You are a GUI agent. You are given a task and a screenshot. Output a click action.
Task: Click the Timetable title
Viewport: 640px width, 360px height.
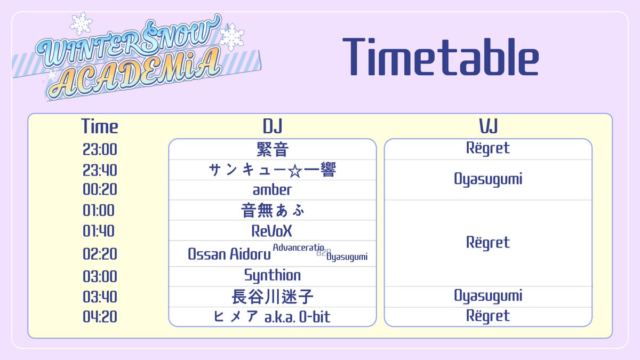pos(440,57)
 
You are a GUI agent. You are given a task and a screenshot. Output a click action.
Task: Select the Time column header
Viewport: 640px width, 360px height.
pos(100,126)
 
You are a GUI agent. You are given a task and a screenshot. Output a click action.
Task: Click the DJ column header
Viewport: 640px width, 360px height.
pos(272,126)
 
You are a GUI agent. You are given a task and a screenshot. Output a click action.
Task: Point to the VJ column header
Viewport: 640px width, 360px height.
pos(488,126)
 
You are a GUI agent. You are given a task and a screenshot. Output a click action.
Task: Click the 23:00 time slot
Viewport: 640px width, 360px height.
pos(100,149)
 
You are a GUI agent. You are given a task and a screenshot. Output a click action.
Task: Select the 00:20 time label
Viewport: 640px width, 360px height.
pos(100,190)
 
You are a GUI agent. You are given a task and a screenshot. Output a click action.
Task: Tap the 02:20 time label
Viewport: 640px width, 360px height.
pos(100,254)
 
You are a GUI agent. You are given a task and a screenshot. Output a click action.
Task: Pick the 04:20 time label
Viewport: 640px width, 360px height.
pos(100,317)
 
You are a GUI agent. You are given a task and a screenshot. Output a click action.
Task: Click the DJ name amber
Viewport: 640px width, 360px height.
pos(272,190)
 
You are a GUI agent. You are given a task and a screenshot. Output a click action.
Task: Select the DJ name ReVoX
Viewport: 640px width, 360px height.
pos(272,231)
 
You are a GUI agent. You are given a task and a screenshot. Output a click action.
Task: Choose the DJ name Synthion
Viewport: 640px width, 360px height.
pos(272,275)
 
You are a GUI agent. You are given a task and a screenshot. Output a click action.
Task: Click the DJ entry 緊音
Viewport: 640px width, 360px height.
pos(272,149)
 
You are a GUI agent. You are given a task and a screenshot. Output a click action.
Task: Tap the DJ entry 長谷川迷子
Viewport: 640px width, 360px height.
pos(272,296)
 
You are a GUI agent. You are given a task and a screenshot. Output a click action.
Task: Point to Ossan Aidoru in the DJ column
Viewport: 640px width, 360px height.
pos(229,254)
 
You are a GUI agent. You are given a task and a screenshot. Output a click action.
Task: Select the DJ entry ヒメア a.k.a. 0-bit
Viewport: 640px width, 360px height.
pos(272,317)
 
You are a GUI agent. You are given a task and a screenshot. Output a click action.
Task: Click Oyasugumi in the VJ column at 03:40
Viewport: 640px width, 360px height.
pos(488,295)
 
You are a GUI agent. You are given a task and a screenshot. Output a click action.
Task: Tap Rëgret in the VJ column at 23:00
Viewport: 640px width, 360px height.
pos(488,148)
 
